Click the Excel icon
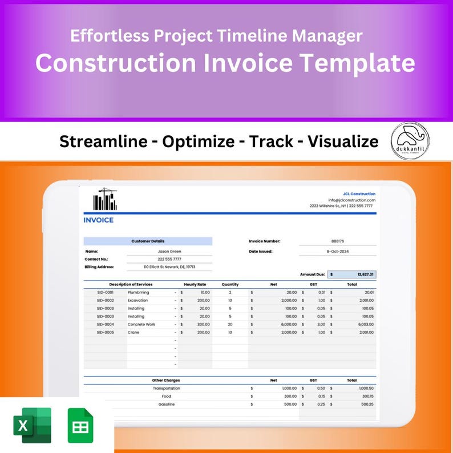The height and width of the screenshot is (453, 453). (32, 425)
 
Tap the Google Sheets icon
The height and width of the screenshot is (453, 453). (80, 425)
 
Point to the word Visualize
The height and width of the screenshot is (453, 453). (343, 141)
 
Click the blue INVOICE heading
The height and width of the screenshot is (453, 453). (99, 220)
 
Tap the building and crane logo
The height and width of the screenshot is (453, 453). (104, 199)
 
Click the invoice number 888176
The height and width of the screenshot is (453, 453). (338, 241)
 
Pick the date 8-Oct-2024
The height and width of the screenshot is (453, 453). (337, 251)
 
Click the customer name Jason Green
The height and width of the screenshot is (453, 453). (169, 251)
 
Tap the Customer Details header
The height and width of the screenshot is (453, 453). (148, 241)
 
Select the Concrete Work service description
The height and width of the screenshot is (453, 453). (141, 324)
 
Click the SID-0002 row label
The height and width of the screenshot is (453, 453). (106, 300)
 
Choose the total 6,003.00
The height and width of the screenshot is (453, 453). (365, 324)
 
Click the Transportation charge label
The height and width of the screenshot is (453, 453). (167, 388)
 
